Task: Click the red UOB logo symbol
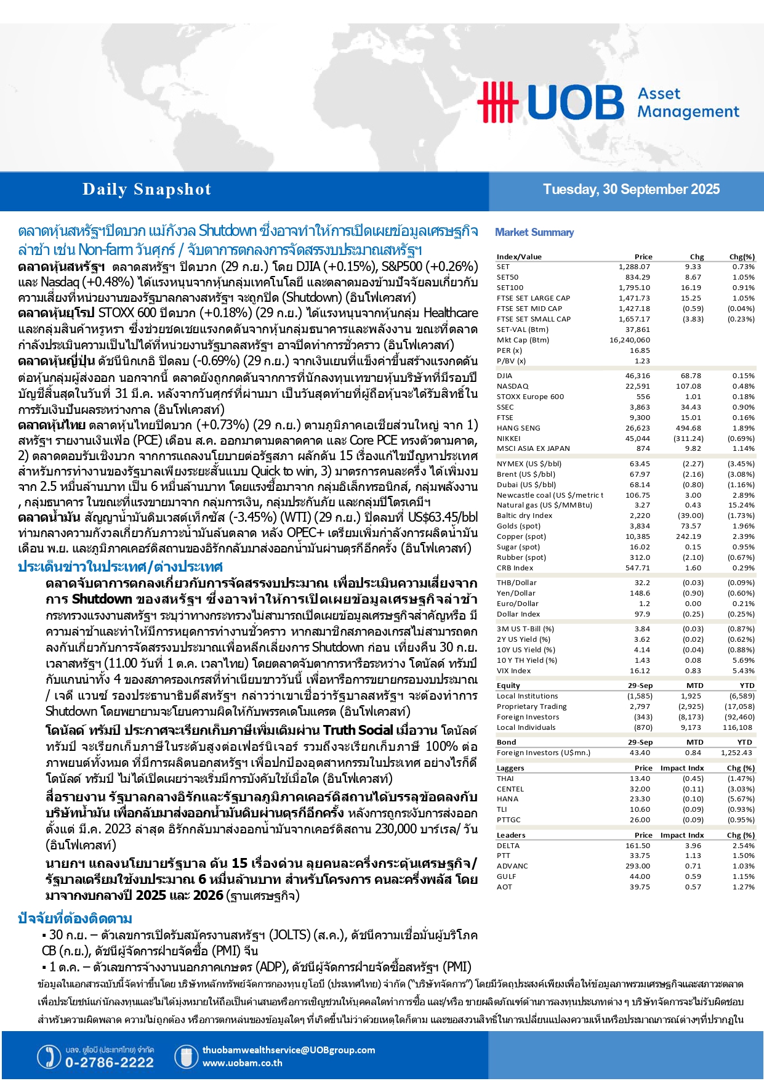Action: point(497,101)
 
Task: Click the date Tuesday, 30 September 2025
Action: point(631,190)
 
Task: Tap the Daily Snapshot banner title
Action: point(147,190)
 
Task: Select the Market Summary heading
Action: point(534,232)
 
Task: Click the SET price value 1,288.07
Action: point(634,267)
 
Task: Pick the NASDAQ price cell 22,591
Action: point(638,386)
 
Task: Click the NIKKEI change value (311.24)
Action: point(689,439)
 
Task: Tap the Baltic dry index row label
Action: point(525,516)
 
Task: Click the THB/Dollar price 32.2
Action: point(642,583)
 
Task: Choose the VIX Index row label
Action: point(513,671)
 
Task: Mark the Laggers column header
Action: point(510,768)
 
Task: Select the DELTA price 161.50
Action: point(638,846)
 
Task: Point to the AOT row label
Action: point(504,887)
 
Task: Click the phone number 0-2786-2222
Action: point(110,1063)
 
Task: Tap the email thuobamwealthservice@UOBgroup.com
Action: point(288,1050)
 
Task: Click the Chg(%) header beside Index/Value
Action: point(741,257)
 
